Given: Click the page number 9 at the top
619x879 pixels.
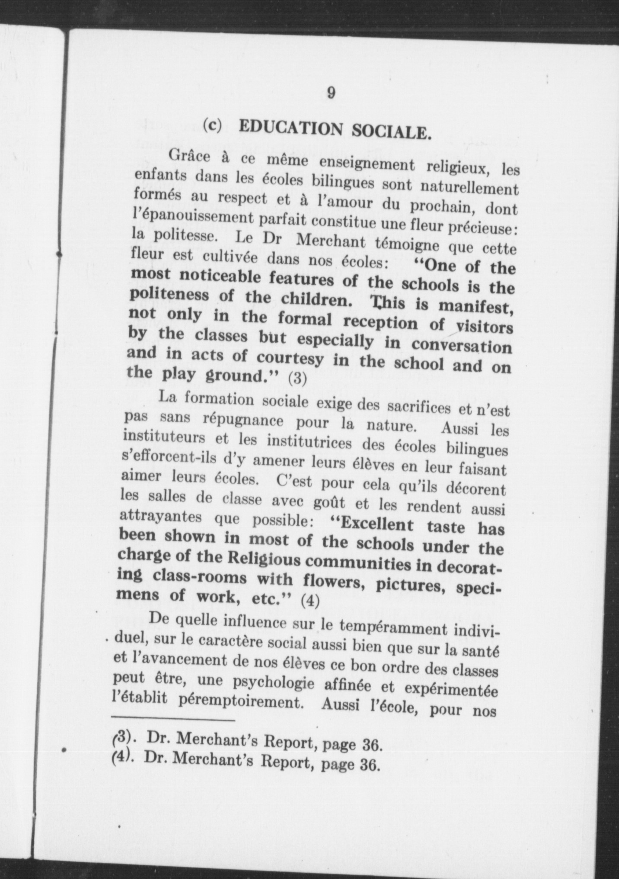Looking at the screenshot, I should coord(330,93).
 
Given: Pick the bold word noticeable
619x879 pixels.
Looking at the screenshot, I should coord(219,277).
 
